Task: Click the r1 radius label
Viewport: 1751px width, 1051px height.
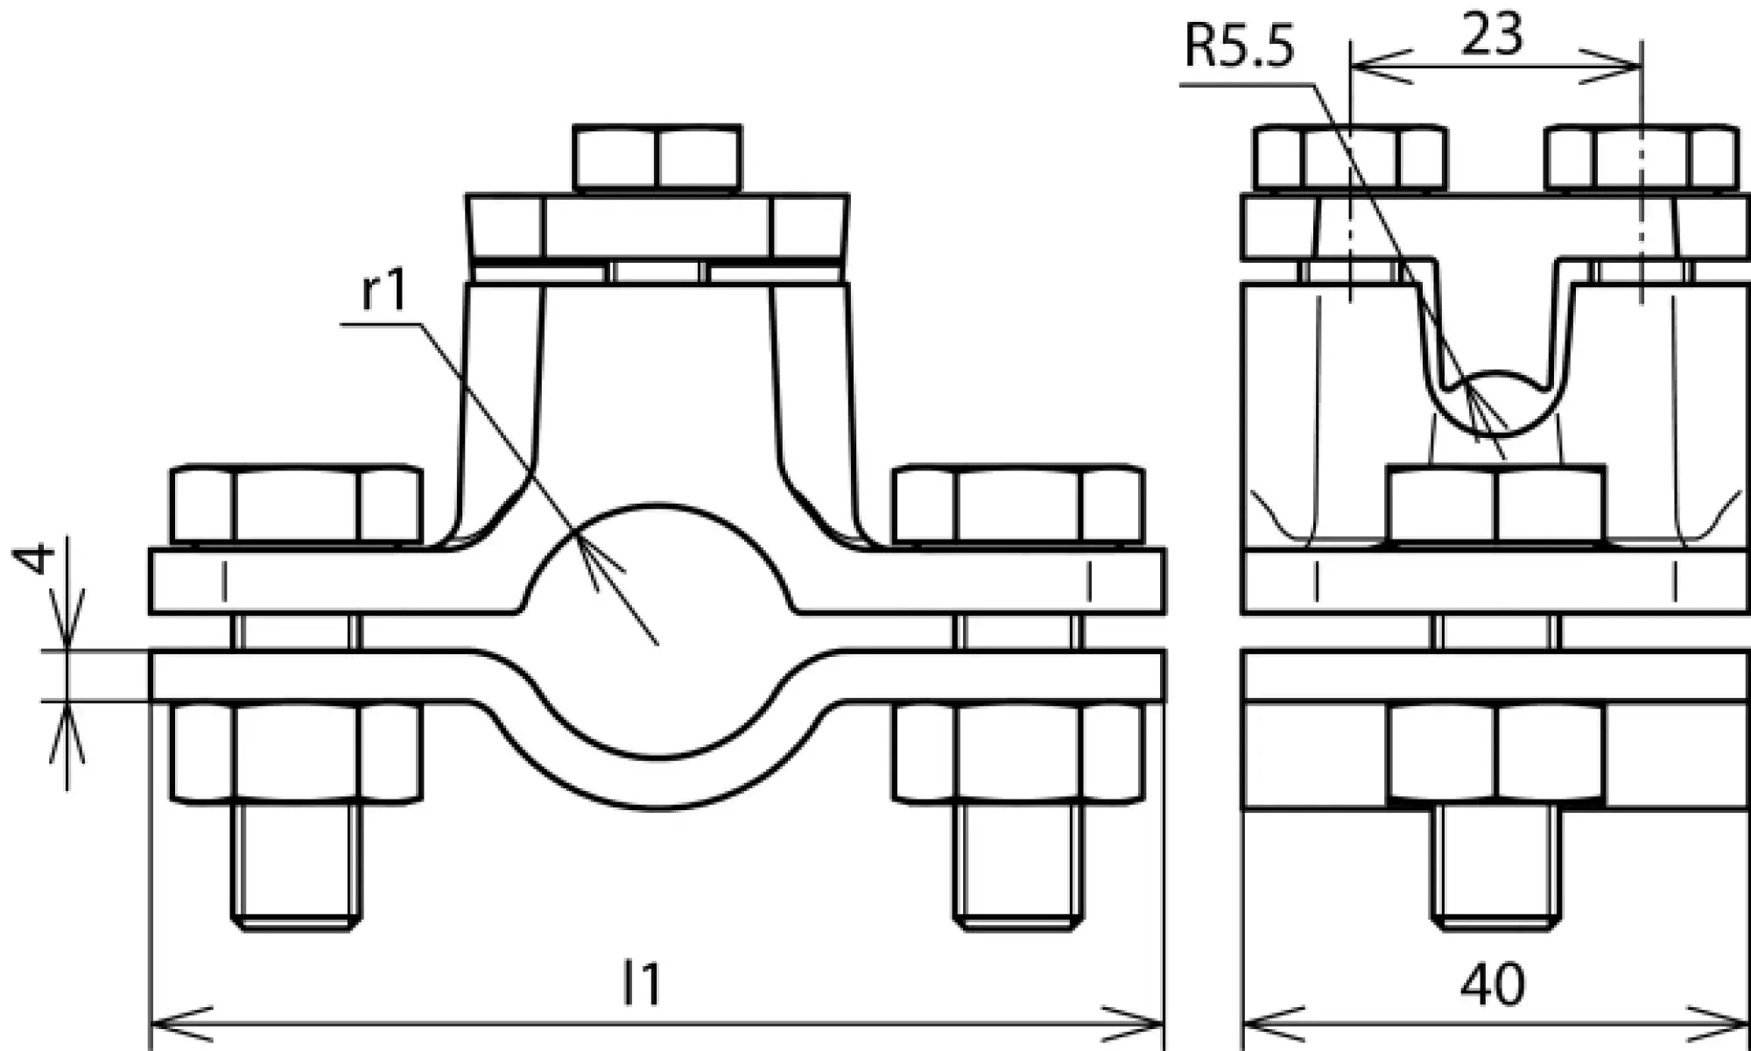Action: [384, 291]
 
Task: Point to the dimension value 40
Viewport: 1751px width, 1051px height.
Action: [1492, 984]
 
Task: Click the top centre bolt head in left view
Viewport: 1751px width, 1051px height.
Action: [658, 159]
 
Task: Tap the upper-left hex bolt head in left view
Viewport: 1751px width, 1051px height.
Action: [297, 506]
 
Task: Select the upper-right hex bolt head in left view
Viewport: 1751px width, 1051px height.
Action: [1018, 506]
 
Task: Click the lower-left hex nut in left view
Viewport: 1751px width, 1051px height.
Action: [297, 751]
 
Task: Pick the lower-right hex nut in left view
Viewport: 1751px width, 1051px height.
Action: [1018, 751]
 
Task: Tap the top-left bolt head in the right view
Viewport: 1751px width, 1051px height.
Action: [1350, 159]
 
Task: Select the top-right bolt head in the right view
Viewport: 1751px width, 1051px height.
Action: [1642, 159]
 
